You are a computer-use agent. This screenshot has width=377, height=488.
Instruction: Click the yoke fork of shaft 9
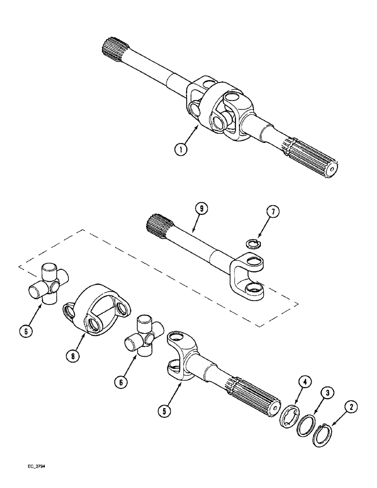click(x=247, y=276)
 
